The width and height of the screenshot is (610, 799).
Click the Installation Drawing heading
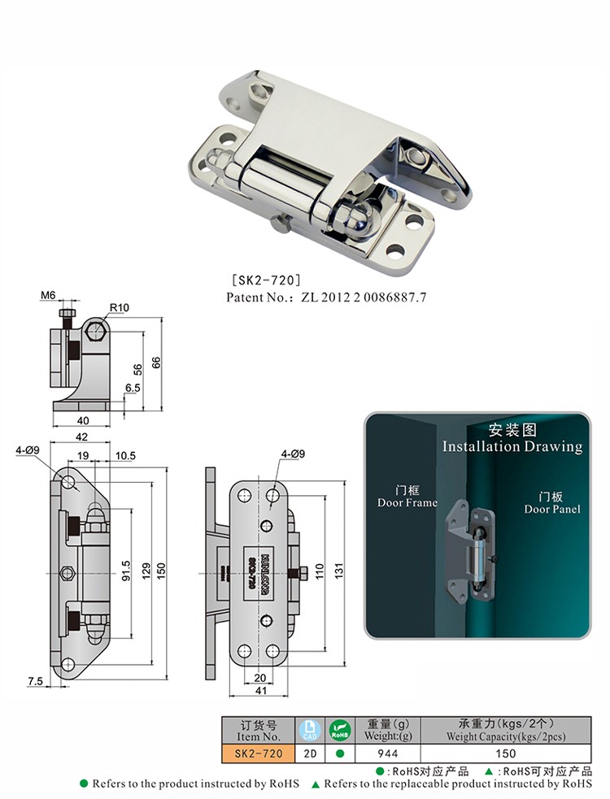pos(512,446)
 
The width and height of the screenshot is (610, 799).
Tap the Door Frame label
pos(407,502)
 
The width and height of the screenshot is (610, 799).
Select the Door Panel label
pos(552,509)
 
